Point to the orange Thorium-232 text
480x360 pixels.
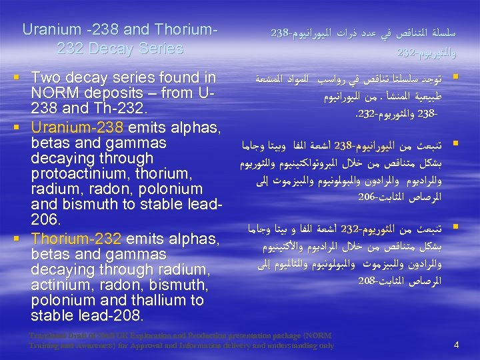[x=76, y=238]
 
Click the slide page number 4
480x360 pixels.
[x=456, y=345]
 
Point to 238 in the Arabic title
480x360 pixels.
[x=281, y=32]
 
